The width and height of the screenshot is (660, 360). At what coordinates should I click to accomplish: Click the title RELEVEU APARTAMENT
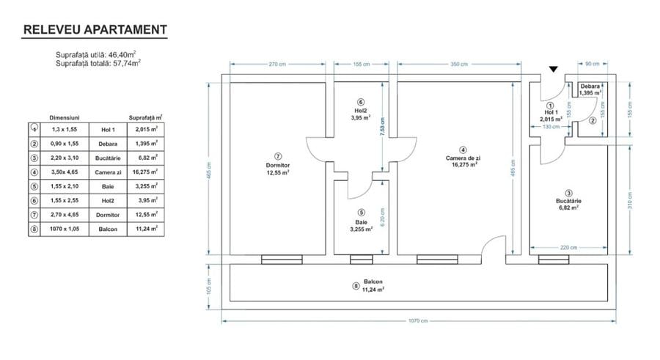(x=95, y=30)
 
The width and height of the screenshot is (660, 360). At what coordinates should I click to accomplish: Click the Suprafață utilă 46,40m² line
(x=98, y=55)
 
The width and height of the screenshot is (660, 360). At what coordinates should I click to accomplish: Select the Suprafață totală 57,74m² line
(x=98, y=64)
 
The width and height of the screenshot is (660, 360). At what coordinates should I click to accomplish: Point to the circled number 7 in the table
(x=34, y=214)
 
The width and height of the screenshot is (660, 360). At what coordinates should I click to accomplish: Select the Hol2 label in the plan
(x=360, y=111)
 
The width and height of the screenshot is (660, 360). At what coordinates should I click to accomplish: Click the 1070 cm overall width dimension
(x=419, y=320)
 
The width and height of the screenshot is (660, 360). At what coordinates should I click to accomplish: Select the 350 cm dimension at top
(x=459, y=65)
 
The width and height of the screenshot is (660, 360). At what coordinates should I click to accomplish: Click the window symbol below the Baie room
(x=360, y=259)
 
